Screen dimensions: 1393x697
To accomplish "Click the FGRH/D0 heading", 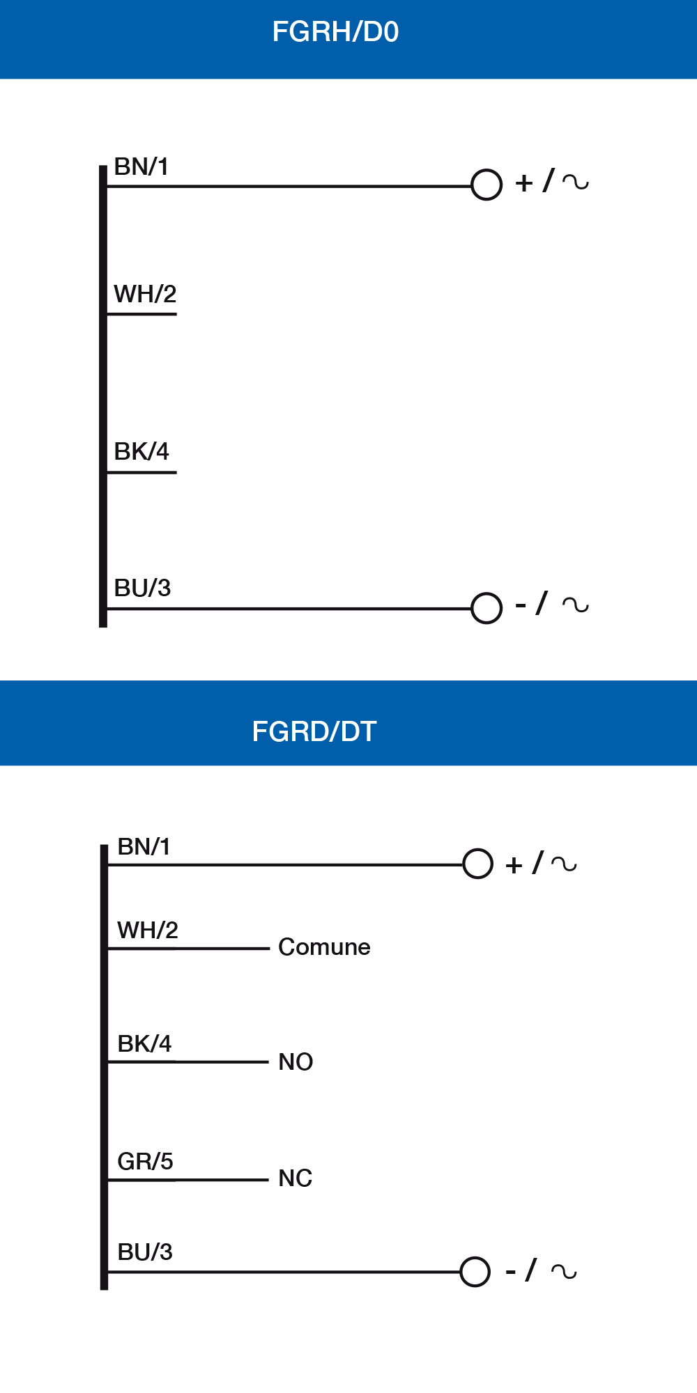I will [x=335, y=32].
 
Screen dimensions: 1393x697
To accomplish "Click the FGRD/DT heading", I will [x=314, y=731].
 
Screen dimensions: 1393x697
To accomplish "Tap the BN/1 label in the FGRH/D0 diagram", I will [x=141, y=167].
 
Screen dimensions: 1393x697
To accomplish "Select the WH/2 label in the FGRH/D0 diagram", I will [x=145, y=294].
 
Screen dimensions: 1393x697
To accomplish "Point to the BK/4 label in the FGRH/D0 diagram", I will [x=141, y=451].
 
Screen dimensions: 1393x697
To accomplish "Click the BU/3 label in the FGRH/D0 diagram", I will [x=142, y=588].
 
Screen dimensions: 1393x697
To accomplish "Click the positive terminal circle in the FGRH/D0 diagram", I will [x=487, y=185].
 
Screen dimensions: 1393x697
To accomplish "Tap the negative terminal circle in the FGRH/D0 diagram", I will [x=487, y=608].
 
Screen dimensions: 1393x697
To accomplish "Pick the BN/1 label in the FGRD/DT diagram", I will [x=144, y=847].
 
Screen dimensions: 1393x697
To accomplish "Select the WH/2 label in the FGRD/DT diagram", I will [x=148, y=931].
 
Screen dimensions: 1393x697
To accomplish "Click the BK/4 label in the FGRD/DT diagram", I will [x=144, y=1043].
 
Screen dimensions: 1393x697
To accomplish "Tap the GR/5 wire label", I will [x=145, y=1161].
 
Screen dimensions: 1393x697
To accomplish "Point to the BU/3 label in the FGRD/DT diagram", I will [x=145, y=1252].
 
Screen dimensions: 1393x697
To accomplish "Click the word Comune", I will [x=324, y=947].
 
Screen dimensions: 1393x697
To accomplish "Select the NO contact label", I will [x=296, y=1062].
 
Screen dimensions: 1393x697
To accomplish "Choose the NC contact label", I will [x=295, y=1178].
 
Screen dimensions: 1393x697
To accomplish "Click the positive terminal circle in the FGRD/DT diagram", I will [x=478, y=864].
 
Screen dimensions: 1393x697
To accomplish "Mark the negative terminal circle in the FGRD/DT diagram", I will [x=475, y=1272].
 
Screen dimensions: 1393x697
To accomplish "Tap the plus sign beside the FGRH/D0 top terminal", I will [x=524, y=183].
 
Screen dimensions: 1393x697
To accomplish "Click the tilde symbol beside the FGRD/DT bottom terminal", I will [x=564, y=1272].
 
